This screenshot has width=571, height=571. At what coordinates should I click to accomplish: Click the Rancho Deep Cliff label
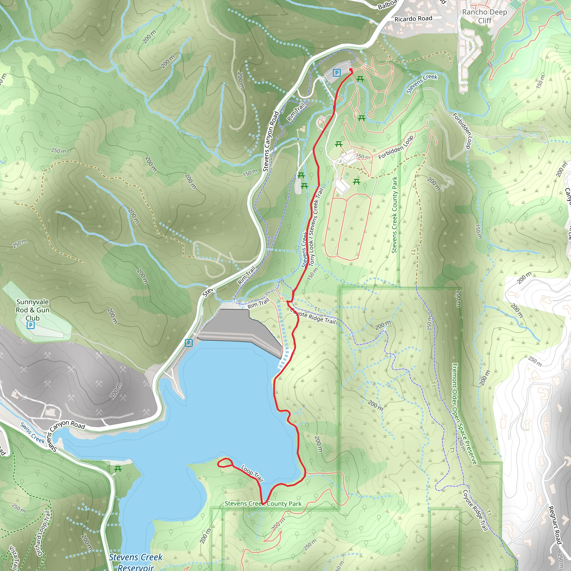point(484,16)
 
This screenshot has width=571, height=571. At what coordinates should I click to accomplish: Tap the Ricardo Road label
point(413,19)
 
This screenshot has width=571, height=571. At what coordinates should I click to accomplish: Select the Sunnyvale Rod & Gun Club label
point(33,310)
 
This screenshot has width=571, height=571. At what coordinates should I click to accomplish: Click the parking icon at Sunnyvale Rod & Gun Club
point(30,325)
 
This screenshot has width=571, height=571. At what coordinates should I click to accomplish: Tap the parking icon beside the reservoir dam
point(188,343)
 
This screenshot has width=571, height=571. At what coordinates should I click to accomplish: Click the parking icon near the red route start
point(336,73)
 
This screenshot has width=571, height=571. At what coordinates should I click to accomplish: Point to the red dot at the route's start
point(351,70)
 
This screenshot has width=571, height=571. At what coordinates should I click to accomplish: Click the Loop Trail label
point(252,473)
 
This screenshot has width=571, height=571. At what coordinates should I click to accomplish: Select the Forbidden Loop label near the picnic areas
point(396,148)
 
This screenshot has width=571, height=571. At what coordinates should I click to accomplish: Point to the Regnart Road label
point(555,525)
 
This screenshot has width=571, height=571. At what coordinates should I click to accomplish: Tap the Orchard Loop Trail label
point(44,533)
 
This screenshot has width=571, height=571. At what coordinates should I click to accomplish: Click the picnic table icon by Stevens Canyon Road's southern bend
point(118,469)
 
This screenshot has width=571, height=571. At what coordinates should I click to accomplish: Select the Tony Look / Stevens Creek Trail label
point(315,227)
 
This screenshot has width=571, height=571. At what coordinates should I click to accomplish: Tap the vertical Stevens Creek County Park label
point(395,215)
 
